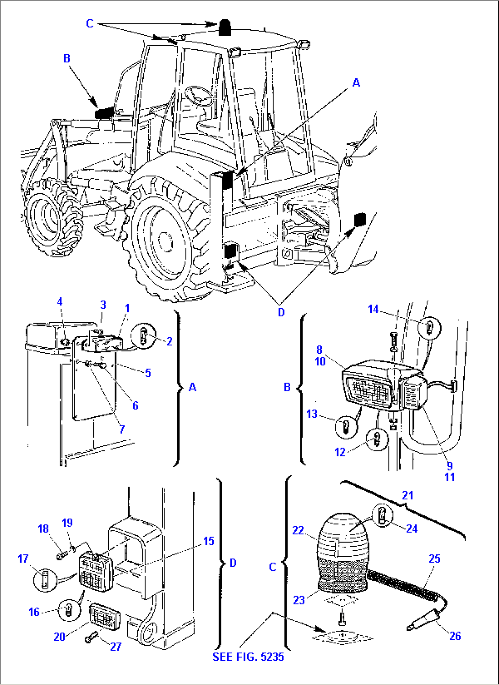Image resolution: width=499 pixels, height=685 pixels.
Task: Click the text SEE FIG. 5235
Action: pos(248,657)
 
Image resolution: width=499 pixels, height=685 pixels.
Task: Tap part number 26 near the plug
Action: pos(455,636)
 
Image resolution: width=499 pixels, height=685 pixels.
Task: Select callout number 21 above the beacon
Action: pos(407,495)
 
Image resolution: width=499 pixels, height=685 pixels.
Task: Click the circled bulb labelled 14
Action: pos(429,327)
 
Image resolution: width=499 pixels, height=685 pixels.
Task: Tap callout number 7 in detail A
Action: pos(122,429)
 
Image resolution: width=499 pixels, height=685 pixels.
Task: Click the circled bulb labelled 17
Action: pos(45,579)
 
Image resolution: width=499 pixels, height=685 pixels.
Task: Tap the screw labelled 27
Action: pos(91,637)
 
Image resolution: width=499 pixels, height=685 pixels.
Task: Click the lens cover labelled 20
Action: pos(104,616)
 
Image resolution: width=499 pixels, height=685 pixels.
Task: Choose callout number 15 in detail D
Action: pos(208,541)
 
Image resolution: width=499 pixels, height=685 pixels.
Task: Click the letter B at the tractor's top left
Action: pos(67,58)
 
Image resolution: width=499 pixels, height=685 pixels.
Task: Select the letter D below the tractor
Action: pos(281,312)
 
